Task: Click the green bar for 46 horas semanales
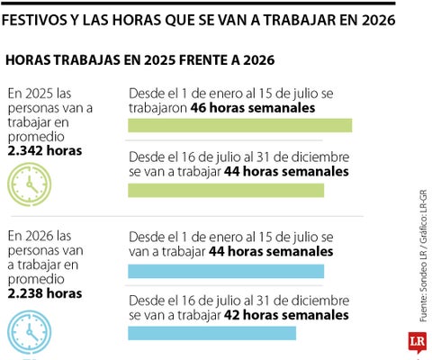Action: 239,125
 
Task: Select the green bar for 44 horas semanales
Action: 226,190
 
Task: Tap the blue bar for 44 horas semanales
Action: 226,271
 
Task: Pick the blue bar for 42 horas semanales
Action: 212,333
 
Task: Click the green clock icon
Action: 30,185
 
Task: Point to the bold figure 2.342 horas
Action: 44,150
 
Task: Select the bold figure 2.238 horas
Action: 44,293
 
